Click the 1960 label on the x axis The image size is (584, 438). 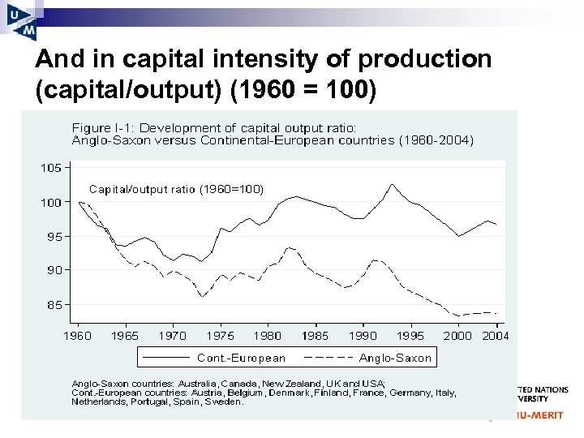tap(77, 335)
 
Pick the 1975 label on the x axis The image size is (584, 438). tap(220, 335)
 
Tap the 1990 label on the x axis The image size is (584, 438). tap(363, 335)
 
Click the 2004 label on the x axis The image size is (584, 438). tap(494, 335)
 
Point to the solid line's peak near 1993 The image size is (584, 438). tap(392, 184)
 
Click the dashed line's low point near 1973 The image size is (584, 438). tap(203, 297)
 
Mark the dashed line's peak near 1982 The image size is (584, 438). tap(290, 247)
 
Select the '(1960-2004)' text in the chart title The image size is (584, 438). tap(436, 140)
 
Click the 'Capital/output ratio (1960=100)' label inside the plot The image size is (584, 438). tap(176, 189)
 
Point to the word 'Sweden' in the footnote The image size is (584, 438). tap(223, 401)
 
